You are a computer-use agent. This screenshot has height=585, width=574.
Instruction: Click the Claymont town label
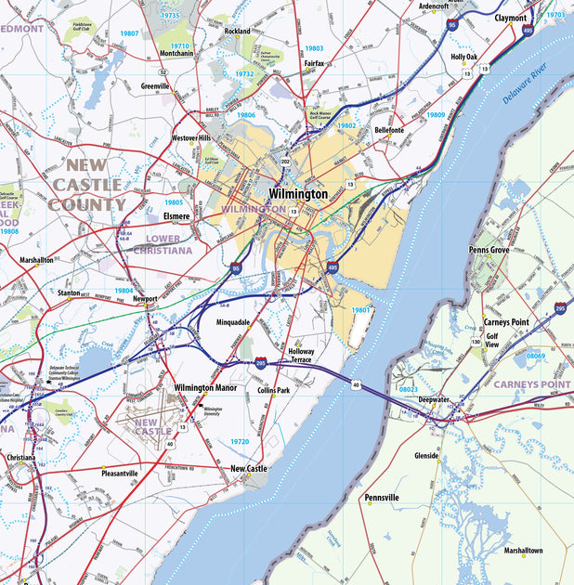pos(511,18)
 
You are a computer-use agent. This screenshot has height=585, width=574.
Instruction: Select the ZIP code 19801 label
pos(362,309)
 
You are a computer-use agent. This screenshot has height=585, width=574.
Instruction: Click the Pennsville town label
pos(382,498)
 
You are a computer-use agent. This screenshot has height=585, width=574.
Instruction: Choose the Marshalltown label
pos(524,551)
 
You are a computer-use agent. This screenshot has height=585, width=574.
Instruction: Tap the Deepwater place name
pos(434,398)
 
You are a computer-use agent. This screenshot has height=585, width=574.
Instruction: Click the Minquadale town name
pos(233,322)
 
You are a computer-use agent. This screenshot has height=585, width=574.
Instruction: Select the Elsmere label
pos(176,215)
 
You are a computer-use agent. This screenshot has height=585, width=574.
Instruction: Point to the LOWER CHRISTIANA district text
pos(163,244)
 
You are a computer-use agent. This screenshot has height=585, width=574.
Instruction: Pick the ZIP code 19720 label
pos(239,441)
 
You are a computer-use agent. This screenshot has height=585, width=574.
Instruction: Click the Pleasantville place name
pos(119,473)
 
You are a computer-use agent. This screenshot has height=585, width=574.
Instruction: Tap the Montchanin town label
pos(176,54)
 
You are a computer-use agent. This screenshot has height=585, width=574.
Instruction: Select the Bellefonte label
pos(388,131)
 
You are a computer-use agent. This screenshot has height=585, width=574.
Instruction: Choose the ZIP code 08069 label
pos(536,356)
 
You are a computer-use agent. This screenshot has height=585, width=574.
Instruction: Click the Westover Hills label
pos(192,137)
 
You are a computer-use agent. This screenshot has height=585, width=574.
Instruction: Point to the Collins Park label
pos(273,391)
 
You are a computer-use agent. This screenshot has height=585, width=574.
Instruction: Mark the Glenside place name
pos(426,456)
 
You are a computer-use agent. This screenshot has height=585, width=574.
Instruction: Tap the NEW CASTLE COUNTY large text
pos(89,186)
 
